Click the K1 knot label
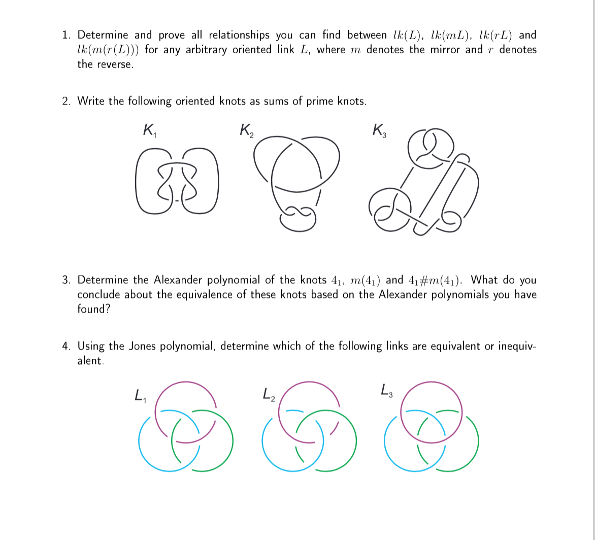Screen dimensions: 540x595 point(149,130)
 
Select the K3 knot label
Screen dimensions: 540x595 point(379,130)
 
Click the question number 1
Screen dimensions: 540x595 point(66,35)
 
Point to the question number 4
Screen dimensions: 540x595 point(66,346)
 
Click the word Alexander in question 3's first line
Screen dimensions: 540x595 point(177,280)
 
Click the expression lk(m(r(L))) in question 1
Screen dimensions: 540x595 point(108,50)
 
